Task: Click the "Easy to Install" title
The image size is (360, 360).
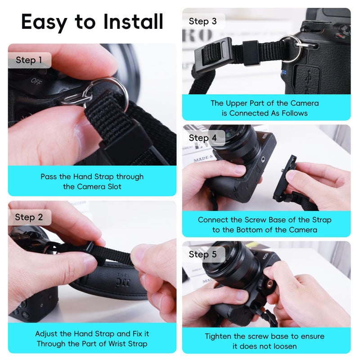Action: pyautogui.click(x=92, y=22)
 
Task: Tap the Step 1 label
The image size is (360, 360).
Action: pyautogui.click(x=29, y=60)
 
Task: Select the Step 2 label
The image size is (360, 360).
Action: pyautogui.click(x=29, y=217)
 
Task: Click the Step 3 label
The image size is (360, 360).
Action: pyautogui.click(x=202, y=21)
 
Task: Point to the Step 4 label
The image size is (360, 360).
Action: pyautogui.click(x=202, y=138)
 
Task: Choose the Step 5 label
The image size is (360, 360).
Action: pyautogui.click(x=202, y=254)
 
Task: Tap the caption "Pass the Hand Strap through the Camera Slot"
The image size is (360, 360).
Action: pyautogui.click(x=92, y=181)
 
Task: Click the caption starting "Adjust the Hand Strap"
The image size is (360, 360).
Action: pyautogui.click(x=92, y=339)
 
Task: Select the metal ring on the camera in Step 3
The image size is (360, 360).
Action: pyautogui.click(x=291, y=48)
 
